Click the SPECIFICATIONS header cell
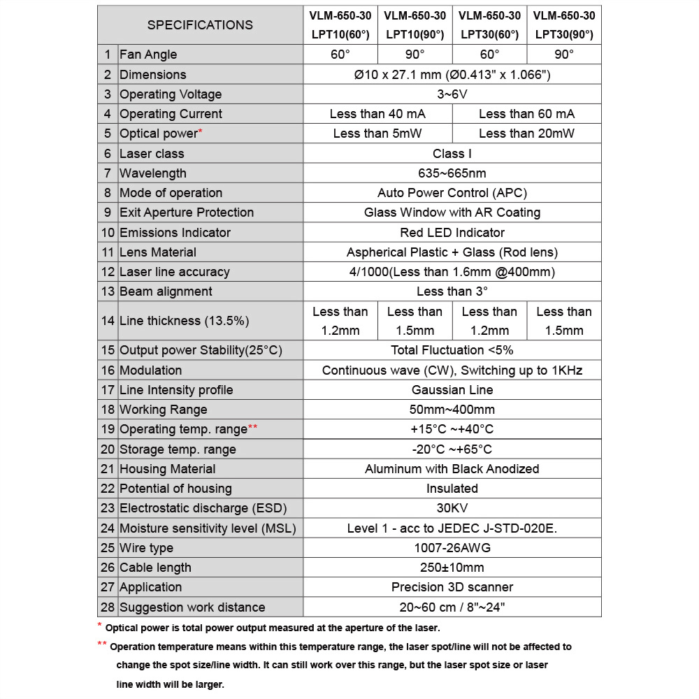(x=200, y=25)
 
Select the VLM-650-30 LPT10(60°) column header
(x=340, y=25)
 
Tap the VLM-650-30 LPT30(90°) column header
(x=564, y=25)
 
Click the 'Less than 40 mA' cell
(x=377, y=114)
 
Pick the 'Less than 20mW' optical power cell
(x=526, y=134)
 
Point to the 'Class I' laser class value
(x=452, y=154)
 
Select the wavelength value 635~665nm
(x=452, y=173)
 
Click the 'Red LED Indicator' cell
(x=452, y=233)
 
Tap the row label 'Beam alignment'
(x=166, y=291)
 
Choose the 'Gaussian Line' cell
(x=452, y=390)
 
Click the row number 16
(x=108, y=370)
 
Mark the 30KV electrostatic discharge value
(x=452, y=508)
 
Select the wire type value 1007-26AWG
(x=452, y=548)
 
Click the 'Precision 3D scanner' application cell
(x=452, y=587)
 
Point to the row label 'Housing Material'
(x=167, y=469)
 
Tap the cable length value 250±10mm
(x=452, y=568)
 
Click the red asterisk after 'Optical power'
(x=201, y=131)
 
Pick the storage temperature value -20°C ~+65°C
(x=452, y=449)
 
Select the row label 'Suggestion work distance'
(x=192, y=607)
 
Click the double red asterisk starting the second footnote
(x=102, y=644)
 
